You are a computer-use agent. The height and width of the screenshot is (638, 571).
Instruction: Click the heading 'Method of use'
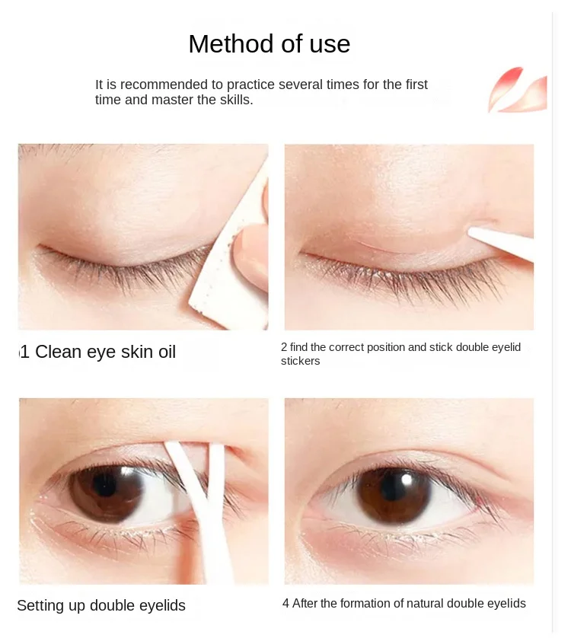coord(269,44)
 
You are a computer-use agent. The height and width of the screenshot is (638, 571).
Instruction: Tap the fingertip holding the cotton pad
coord(251,251)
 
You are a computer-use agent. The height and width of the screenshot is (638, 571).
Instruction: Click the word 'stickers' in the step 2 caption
coord(300,361)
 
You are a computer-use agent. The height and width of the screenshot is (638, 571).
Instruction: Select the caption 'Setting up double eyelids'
coord(101,606)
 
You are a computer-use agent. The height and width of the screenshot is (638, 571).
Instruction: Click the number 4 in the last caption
coord(285,604)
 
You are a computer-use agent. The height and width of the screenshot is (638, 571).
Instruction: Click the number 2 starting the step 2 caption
coord(284,347)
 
